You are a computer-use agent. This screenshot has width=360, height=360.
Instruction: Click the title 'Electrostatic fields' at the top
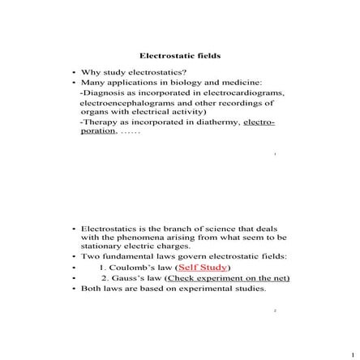180,56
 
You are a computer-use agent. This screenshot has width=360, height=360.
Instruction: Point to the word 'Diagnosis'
100,92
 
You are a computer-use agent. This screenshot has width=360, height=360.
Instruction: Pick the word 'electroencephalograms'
122,103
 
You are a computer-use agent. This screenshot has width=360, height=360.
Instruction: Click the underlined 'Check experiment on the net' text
229,277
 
